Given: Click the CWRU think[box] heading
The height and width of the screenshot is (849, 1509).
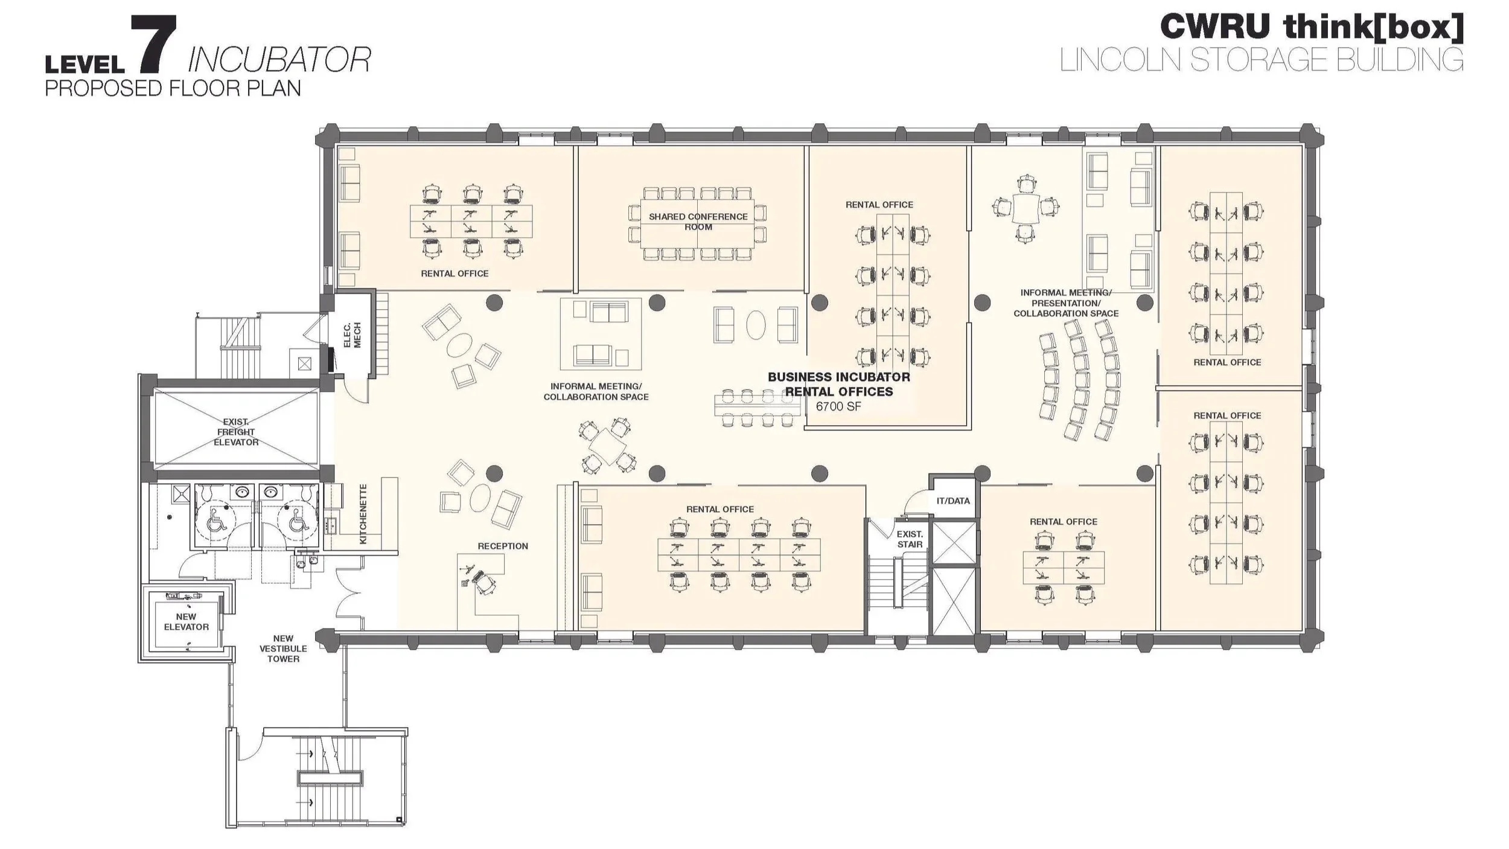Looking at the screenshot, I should [1311, 27].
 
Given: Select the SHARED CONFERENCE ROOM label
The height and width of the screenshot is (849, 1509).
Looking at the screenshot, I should [698, 222].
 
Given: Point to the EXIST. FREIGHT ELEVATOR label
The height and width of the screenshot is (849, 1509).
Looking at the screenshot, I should [236, 432].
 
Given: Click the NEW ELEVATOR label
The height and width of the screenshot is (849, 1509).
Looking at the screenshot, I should [186, 621].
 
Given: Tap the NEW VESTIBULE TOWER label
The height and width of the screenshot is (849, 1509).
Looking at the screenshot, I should [283, 648].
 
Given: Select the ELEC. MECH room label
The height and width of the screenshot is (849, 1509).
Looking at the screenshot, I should [351, 335].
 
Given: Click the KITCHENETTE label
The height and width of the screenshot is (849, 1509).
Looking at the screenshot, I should [363, 514].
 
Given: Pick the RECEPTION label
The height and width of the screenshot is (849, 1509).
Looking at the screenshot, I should [503, 546].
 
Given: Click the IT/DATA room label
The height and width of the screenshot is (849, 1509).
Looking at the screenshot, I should [953, 501].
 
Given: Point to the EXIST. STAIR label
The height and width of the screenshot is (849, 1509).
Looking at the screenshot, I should [910, 539].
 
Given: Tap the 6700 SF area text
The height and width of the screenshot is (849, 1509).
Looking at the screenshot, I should [838, 406].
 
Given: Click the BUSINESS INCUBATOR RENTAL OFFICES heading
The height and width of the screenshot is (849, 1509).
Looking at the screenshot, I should [838, 384].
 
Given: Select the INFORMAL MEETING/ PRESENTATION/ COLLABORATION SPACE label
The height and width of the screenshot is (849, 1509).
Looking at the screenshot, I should [1065, 303].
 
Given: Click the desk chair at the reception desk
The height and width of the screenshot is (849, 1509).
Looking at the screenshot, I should [484, 583].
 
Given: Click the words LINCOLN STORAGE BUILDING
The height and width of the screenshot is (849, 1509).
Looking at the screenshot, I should [1262, 60].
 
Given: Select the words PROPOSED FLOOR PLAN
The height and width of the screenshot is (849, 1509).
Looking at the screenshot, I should [173, 89].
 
